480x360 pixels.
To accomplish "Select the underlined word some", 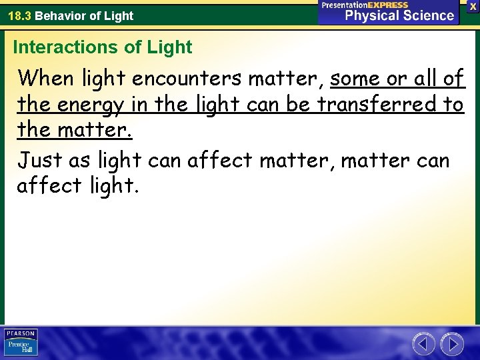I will (358, 79).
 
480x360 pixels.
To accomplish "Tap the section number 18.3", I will (19, 15).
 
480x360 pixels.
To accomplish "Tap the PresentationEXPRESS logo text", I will (365, 5).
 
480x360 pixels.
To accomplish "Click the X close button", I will (471, 6).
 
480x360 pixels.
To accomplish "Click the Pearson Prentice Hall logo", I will (21, 343).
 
